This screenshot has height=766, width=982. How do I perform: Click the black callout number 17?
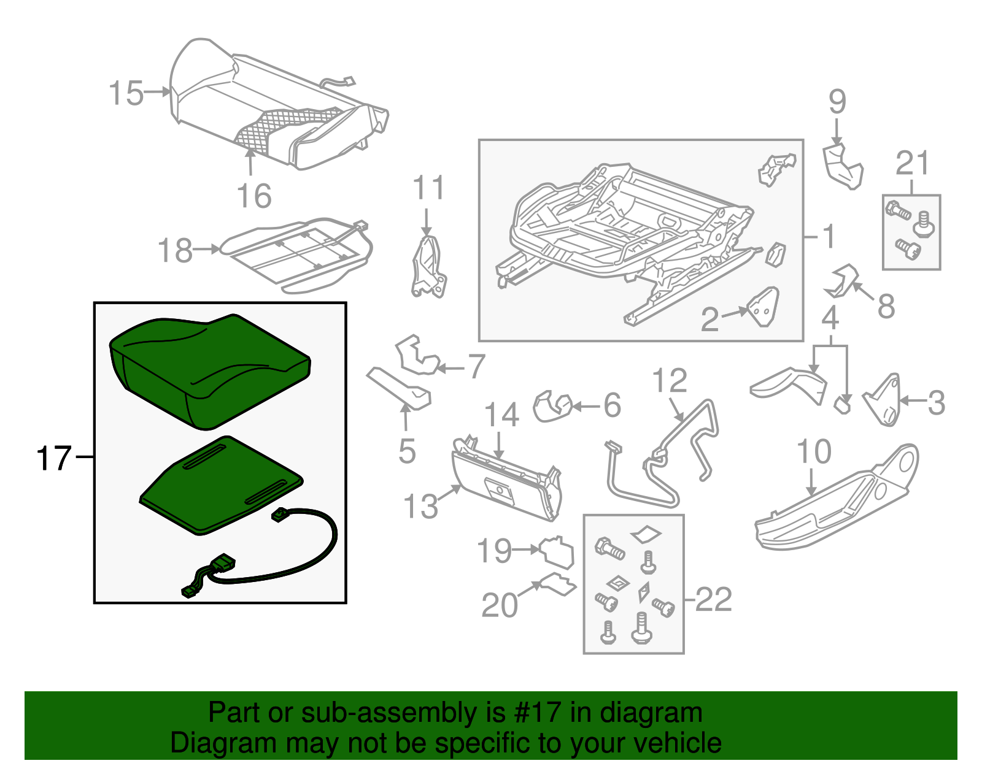coord(54,459)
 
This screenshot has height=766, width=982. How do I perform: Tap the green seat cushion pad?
coord(209,368)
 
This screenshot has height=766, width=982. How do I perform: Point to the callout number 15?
coord(126,94)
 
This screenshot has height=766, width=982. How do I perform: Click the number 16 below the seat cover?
coord(254,197)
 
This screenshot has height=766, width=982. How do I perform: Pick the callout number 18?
coord(175,251)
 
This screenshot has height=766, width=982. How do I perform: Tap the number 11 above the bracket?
coord(428,188)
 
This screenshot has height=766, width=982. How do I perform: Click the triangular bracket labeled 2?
coord(763,307)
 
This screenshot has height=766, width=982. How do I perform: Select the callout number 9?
coord(837,102)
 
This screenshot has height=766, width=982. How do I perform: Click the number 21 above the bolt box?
coord(913,163)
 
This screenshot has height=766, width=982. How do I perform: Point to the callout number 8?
coord(886,306)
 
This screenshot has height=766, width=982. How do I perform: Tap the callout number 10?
coord(814,452)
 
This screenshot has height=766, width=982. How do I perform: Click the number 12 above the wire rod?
coord(670,381)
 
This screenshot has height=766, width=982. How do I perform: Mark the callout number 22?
coord(714,599)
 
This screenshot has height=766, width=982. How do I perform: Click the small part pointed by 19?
coord(557,551)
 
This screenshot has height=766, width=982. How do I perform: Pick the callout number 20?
coord(500,605)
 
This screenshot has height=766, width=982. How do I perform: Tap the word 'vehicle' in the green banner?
coord(677,743)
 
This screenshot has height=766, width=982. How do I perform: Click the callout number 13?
coord(420,507)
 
